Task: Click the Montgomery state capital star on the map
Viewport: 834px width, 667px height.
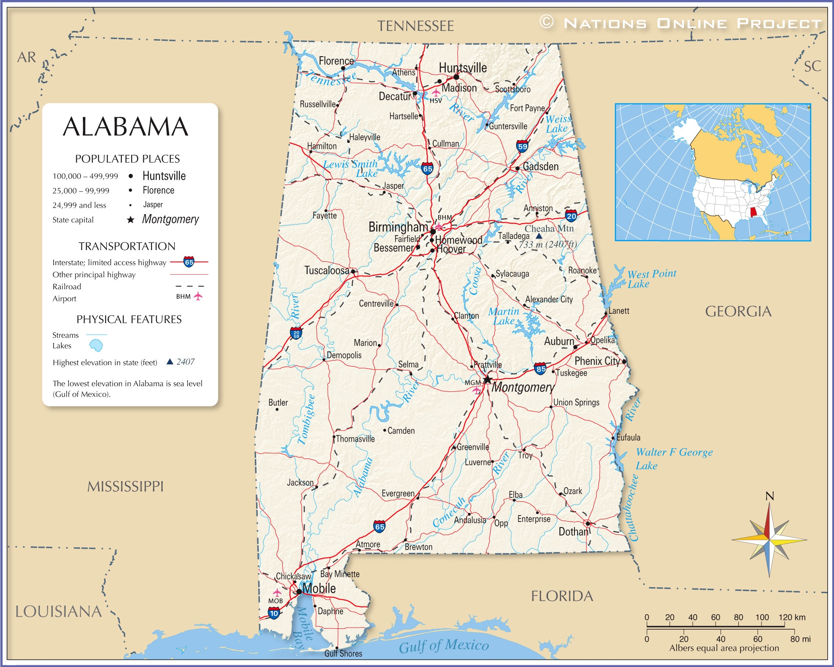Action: coord(487,379)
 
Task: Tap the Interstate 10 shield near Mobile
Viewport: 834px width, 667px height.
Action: coord(274,613)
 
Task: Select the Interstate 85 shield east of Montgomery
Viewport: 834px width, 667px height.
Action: coord(540,369)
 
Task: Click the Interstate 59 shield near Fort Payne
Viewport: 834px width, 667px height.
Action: coord(522,146)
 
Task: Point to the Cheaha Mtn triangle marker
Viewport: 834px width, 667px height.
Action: coord(539,236)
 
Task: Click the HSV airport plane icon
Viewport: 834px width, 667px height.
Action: coord(436,92)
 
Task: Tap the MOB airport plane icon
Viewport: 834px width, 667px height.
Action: coord(277,593)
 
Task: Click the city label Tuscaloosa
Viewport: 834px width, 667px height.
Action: coord(326,270)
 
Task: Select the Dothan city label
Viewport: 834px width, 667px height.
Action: coord(573,532)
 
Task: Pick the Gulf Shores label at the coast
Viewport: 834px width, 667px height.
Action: coord(343,653)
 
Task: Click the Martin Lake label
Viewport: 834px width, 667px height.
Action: coord(504,316)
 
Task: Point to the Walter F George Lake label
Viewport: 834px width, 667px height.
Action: coord(674,458)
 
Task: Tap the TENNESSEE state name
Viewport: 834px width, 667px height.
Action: coord(415,26)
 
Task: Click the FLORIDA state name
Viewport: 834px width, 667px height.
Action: coord(562,596)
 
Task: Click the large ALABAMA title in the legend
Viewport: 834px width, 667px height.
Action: coord(126,127)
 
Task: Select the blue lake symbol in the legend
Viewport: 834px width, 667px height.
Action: coord(96,345)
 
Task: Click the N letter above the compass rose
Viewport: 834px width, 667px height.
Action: coord(770,496)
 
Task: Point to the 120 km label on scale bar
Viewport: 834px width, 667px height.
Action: coord(792,617)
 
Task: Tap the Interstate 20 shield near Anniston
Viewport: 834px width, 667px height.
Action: coord(571,216)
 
